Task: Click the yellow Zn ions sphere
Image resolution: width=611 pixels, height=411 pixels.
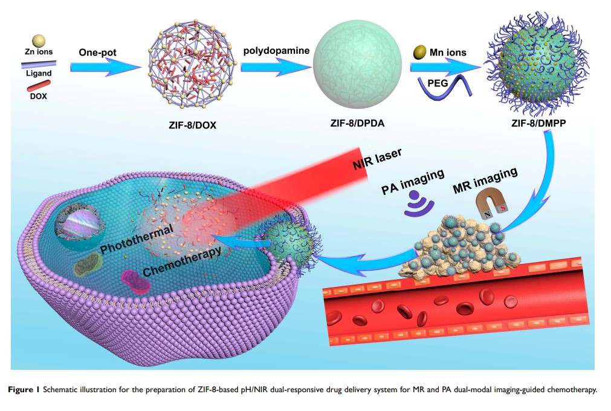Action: pyautogui.click(x=39, y=41)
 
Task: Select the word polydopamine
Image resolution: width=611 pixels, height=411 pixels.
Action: pyautogui.click(x=276, y=50)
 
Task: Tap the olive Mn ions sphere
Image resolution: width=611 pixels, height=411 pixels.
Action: pyautogui.click(x=418, y=53)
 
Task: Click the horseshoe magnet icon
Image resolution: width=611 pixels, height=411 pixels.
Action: pyautogui.click(x=491, y=205)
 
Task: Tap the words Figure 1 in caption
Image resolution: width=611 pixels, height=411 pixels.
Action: pyautogui.click(x=28, y=390)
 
